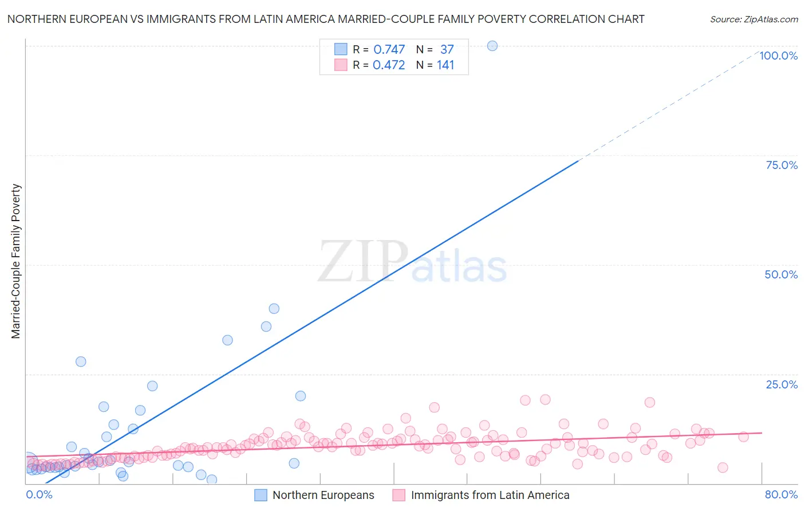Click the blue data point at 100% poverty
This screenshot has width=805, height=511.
coord(492,46)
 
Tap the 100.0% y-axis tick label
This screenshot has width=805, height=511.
coord(778,56)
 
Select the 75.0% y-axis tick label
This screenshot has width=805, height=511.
coord(782,165)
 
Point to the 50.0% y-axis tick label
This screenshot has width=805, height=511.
coord(781,274)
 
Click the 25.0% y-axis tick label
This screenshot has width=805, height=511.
coord(782,384)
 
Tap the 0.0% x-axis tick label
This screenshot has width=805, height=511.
coord(39,494)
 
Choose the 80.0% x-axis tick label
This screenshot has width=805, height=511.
coord(781,494)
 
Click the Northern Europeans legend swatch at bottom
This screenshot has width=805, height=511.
coord(261,495)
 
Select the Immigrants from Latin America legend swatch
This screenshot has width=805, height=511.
coord(399,495)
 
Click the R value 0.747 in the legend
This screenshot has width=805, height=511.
coord(389,50)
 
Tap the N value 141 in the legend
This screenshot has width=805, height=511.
coord(445,65)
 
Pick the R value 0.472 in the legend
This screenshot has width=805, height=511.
coord(389,65)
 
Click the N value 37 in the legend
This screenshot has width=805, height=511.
coord(447,50)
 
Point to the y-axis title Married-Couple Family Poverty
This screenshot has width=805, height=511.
coord(16,261)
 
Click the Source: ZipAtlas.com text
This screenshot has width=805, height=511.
coord(753,19)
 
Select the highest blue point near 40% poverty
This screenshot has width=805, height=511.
coord(274,309)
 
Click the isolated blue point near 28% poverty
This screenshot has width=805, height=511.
coord(81,361)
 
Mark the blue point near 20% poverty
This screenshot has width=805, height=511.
coord(301,396)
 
